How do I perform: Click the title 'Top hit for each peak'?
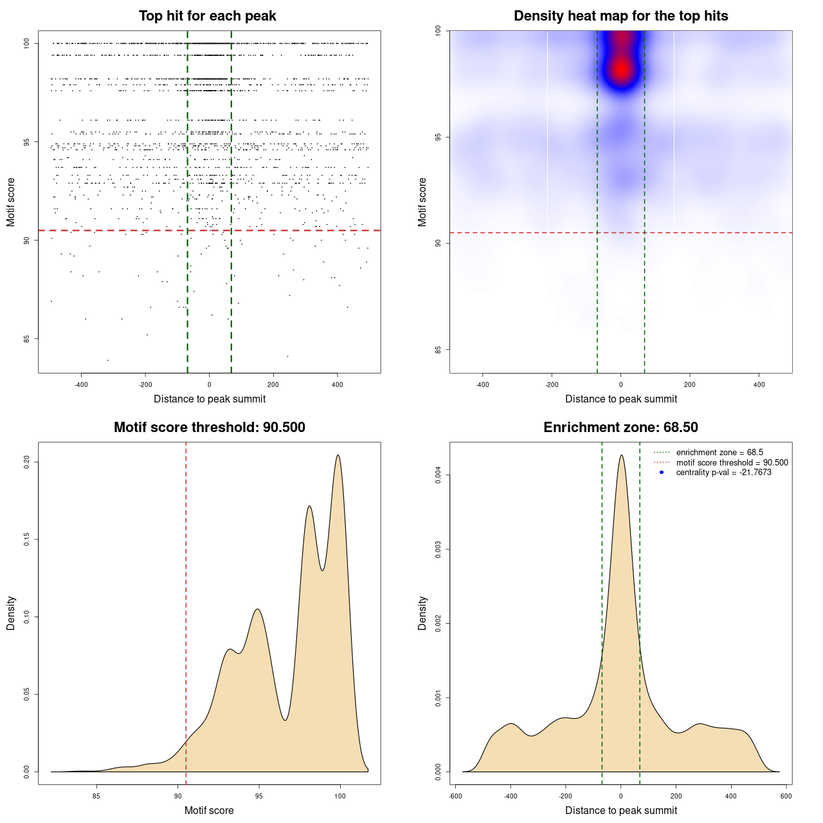pos(208,16)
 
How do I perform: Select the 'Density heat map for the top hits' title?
pos(620,16)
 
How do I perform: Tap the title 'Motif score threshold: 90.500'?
pos(209,428)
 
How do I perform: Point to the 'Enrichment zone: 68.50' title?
pos(620,428)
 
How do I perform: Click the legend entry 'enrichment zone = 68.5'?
pos(719,453)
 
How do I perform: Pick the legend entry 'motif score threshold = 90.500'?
pos(732,463)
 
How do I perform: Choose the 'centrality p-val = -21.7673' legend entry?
pos(723,473)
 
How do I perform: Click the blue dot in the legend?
pos(662,473)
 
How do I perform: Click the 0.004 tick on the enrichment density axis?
pos(439,475)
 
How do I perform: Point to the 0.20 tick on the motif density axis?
pos(27,462)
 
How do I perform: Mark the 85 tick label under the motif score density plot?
pos(96,797)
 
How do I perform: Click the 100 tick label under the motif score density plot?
pos(340,797)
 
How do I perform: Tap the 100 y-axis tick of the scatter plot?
pos(27,43)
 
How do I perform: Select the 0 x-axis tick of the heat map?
pos(620,385)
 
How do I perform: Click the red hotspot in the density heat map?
pos(620,69)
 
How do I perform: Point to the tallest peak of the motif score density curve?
pos(338,456)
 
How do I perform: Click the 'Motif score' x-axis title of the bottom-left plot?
pos(209,811)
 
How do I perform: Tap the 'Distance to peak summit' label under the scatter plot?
pos(210,399)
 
